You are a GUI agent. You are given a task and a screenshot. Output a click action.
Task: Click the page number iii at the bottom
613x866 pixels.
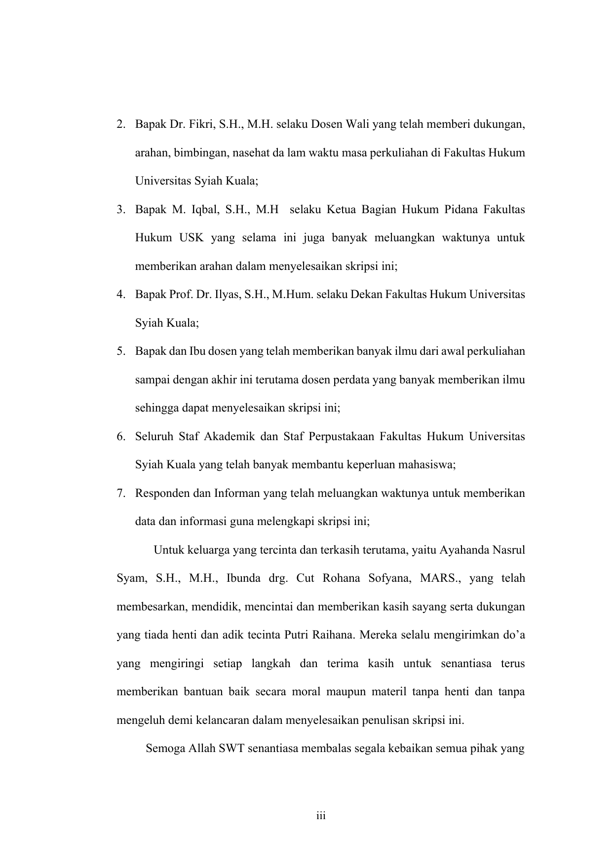(x=321, y=816)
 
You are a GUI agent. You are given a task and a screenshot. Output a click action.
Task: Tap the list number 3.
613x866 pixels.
(x=120, y=210)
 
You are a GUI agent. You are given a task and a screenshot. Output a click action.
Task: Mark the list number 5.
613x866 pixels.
(x=120, y=352)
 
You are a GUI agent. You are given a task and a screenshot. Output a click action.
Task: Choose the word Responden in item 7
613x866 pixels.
(x=158, y=493)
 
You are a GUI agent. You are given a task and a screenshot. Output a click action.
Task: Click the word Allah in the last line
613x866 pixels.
(x=201, y=749)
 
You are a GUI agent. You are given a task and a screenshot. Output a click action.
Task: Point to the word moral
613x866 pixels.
(x=306, y=692)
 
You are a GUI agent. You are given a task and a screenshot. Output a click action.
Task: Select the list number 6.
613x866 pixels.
(x=120, y=437)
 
